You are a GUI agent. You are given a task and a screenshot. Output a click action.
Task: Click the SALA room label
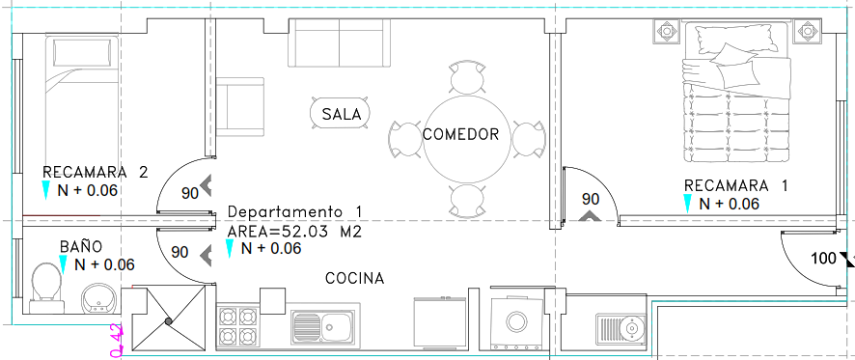click(342, 115)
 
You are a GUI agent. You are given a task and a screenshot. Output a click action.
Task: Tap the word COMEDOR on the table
click(460, 134)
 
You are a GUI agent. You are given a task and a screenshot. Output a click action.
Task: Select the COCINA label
click(354, 278)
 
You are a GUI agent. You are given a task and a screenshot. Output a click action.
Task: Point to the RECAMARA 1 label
click(736, 185)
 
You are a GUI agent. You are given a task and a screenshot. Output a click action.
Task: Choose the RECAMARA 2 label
click(96, 173)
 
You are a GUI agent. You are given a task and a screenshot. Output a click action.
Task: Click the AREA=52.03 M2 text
click(294, 232)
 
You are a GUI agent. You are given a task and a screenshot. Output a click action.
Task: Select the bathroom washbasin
click(98, 299)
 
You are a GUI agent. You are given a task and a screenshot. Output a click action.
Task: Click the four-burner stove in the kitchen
click(237, 325)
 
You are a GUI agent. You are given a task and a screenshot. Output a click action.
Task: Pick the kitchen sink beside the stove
click(323, 326)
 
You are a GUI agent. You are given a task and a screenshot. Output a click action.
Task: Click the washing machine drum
click(517, 321)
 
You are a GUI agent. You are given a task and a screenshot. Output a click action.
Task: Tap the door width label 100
click(823, 258)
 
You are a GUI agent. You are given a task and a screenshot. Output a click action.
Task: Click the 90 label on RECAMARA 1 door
click(590, 199)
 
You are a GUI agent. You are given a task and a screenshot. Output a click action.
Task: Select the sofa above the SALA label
click(339, 43)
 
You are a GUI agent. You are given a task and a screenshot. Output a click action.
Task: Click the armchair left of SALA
click(240, 107)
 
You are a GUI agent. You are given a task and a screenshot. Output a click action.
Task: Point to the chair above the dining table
click(467, 77)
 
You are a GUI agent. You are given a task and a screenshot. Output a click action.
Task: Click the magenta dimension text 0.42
click(117, 341)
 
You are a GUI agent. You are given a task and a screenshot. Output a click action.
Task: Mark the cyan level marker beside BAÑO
click(63, 264)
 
